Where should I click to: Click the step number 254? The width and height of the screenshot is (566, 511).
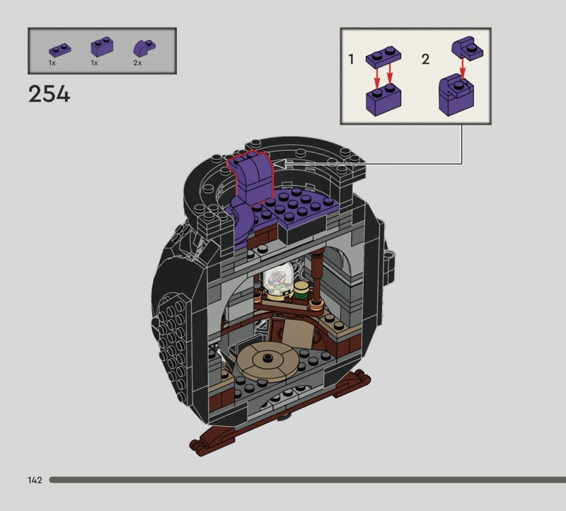tap(49, 94)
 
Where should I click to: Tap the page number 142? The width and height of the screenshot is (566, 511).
tap(35, 480)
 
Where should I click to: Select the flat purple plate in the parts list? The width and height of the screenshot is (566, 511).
tap(60, 50)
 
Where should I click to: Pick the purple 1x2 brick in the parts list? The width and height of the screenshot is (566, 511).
tap(102, 47)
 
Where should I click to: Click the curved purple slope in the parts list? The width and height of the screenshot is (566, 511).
tap(144, 48)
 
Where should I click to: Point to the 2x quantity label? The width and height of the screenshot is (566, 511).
tap(137, 63)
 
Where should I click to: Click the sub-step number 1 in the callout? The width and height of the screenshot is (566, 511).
tap(351, 59)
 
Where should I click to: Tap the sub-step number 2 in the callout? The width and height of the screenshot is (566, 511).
tap(426, 59)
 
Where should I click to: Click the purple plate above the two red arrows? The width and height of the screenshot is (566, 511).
tap(383, 57)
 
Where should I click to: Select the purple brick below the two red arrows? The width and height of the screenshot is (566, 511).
tap(383, 101)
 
